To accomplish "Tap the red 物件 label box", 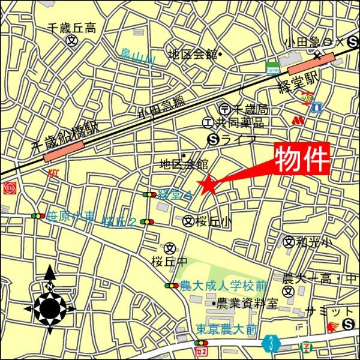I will [x=303, y=158].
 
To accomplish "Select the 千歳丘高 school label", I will [x=72, y=28].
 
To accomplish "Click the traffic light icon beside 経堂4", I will [x=148, y=194].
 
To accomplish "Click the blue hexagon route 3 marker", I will [x=272, y=344].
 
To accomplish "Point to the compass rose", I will [x=50, y=307].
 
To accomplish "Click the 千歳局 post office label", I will [x=250, y=109].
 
